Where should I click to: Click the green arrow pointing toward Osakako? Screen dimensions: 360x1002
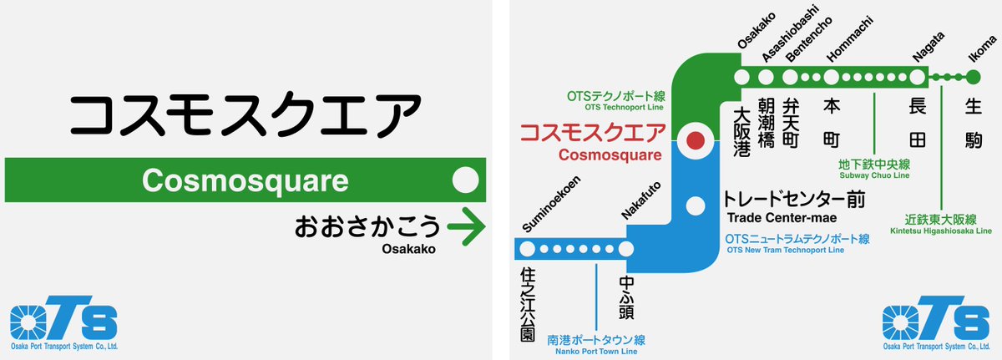466,226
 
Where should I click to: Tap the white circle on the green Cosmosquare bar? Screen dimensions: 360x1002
464,180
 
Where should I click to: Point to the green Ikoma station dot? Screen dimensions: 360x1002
973,78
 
